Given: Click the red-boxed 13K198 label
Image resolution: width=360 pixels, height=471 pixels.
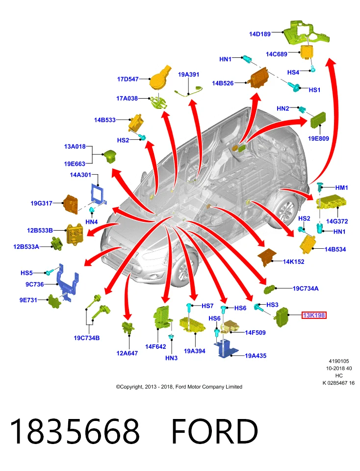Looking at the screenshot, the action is (314, 315).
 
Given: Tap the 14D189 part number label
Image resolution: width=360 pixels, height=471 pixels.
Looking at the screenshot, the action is (260, 34).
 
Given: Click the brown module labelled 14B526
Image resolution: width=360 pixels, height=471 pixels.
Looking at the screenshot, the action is (259, 78).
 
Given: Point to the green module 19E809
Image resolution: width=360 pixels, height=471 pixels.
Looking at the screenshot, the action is (318, 120).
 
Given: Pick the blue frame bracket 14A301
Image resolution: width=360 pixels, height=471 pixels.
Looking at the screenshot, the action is (98, 194).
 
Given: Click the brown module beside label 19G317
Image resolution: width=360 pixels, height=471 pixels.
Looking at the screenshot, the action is (71, 204).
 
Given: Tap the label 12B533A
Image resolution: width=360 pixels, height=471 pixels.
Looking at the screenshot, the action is (26, 247).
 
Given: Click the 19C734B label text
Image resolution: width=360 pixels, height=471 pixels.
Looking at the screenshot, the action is (87, 338).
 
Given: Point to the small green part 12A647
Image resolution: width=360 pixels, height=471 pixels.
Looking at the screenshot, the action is (128, 327).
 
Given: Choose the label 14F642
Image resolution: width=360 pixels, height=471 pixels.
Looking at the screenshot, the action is (155, 347).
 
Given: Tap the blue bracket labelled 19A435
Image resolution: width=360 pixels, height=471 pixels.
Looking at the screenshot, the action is (226, 349).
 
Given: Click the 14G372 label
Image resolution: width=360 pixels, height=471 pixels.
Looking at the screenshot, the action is (337, 221).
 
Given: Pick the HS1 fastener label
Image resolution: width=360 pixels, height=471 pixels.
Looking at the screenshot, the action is (314, 90).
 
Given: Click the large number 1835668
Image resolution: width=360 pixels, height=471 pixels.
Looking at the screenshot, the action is (75, 431).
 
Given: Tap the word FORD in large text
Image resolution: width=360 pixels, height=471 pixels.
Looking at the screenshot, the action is (215, 431).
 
